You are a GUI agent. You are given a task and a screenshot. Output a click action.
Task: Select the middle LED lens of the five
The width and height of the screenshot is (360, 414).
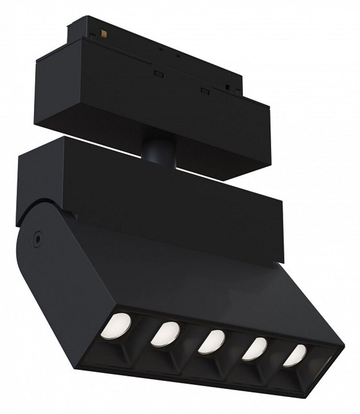[211, 341]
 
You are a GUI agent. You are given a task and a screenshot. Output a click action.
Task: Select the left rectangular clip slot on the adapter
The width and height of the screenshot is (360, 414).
[158, 73]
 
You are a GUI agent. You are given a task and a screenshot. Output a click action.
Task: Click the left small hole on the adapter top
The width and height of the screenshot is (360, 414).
[161, 49]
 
